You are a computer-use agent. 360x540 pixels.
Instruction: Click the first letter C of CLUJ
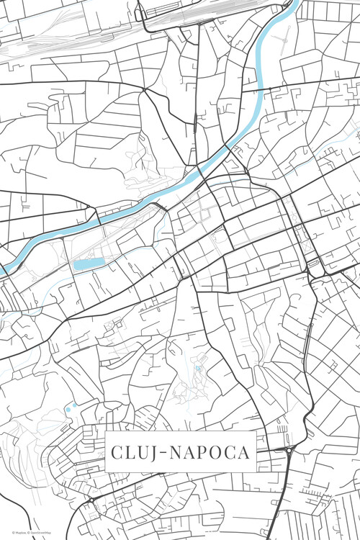(x=116, y=454)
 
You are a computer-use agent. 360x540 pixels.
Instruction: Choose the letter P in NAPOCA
(x=206, y=454)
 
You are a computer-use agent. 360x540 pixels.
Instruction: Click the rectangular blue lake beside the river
(x=88, y=264)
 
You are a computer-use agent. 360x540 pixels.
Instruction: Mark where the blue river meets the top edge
(x=294, y=3)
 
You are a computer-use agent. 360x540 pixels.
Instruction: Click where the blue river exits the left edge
(x=2, y=269)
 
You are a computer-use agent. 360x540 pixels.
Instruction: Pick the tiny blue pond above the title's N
(x=198, y=369)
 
